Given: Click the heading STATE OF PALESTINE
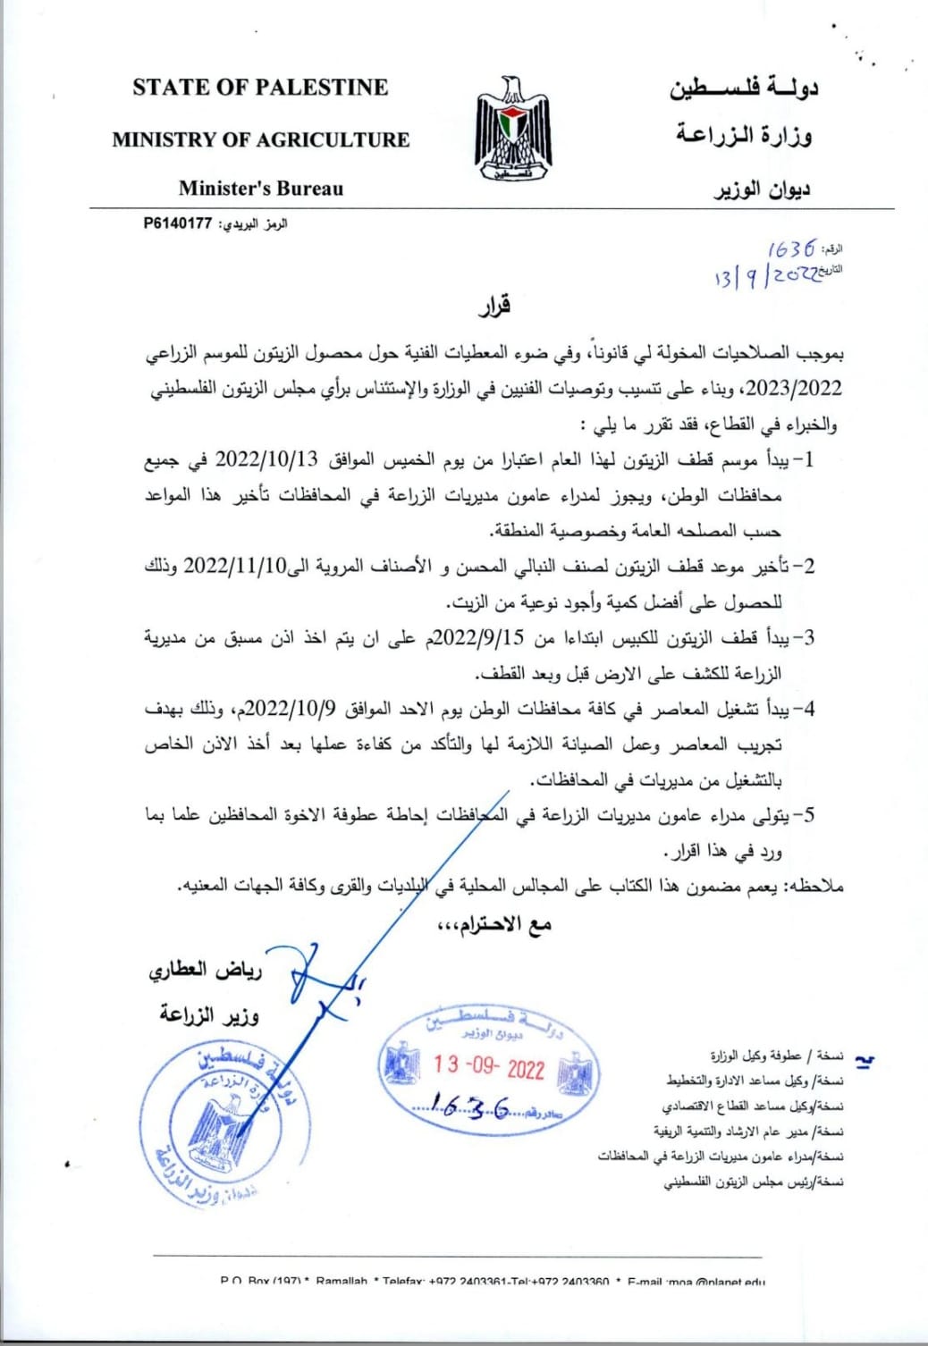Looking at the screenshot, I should (260, 88).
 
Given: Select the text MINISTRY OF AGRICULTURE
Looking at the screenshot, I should (260, 139).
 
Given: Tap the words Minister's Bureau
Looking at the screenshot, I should (260, 189).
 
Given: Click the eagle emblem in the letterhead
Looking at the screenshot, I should (513, 130).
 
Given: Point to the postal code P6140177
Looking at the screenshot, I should (177, 223).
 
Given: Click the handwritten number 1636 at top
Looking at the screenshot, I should (791, 248).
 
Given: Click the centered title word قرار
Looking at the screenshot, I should (494, 307).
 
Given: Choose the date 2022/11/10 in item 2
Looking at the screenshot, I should (234, 567).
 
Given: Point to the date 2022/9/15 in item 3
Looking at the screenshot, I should (491, 638).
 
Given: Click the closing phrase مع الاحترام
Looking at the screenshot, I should (494, 925).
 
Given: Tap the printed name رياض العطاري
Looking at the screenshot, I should (205, 970).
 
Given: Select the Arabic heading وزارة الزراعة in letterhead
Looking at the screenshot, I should (744, 136).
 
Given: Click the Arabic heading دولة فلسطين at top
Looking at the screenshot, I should (744, 87).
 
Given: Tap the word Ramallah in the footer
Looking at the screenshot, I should (342, 1282).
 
